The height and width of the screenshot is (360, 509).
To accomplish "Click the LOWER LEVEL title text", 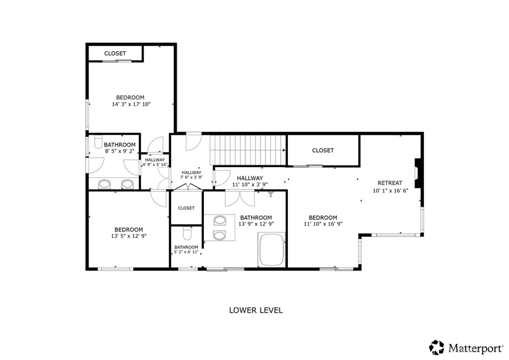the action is [256, 310].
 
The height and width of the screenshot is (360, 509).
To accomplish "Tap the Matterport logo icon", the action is [436, 347].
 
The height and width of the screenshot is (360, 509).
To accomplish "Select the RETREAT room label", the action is [390, 183].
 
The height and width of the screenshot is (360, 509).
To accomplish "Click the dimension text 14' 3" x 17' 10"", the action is [131, 104].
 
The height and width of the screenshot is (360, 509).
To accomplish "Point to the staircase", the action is [248, 150].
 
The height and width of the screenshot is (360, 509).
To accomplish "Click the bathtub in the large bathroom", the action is [271, 250].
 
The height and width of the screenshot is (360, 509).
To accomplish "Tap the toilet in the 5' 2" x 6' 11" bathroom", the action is [187, 233].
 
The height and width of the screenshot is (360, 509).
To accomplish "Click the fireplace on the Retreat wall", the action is [418, 173].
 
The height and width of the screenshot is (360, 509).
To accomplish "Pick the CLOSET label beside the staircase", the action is [323, 150].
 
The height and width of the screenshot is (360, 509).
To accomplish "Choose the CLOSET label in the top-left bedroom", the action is [115, 53].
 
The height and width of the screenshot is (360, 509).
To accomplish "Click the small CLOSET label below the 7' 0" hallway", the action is [186, 208].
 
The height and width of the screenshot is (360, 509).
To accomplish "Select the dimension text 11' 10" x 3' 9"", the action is [250, 184].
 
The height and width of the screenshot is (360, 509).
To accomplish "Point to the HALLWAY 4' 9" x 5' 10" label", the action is [155, 162].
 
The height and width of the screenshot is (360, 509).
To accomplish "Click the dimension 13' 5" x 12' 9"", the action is [129, 236].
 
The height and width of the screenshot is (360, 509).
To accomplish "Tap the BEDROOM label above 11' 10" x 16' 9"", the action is [323, 217].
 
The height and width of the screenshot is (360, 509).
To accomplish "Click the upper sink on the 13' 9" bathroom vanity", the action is [220, 221].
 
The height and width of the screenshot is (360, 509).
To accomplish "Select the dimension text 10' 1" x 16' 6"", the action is [390, 190].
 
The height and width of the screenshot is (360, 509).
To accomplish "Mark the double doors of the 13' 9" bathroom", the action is [240, 199].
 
